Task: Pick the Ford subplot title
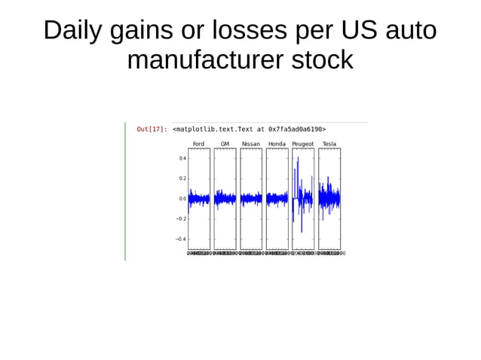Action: [198, 144]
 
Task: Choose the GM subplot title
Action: [225, 144]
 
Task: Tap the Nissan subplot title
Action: [251, 144]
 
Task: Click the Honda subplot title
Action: [277, 144]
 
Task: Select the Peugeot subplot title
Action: [303, 144]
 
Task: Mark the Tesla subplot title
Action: [329, 144]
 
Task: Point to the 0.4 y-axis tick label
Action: [182, 158]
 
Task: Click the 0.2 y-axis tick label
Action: [182, 178]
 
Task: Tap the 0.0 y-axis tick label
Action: [182, 199]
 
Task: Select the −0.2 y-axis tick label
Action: [181, 219]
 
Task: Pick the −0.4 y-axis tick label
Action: [181, 239]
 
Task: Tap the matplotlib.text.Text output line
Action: [249, 129]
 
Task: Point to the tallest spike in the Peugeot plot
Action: [299, 157]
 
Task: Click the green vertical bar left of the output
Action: [125, 191]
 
